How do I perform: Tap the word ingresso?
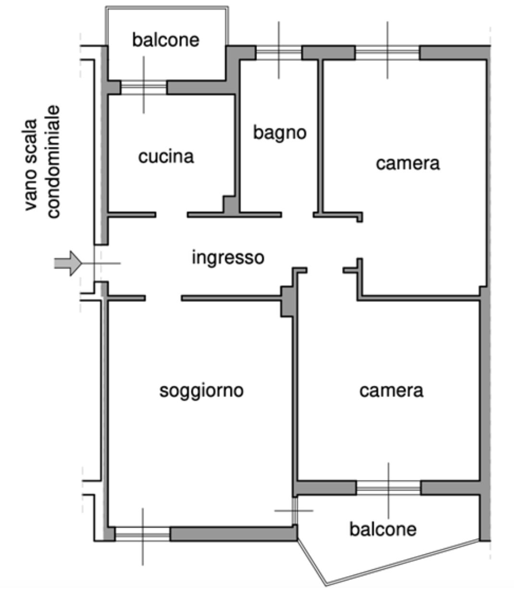point(228,258)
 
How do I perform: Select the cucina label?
point(166,157)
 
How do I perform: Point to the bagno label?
point(280,132)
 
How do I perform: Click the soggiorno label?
point(201,390)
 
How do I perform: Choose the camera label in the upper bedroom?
point(407,163)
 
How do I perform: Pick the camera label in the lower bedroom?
point(391,390)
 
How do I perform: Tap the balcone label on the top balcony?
point(166,39)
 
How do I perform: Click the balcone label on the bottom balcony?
point(382,529)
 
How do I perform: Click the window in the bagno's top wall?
point(279,52)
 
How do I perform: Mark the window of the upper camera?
point(388,52)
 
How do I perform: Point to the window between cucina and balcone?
point(143,88)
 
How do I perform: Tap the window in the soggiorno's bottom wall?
point(143,534)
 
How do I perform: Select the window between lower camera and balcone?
point(389,488)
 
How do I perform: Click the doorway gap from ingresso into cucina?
point(171,215)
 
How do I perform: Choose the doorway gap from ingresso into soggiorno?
point(163,298)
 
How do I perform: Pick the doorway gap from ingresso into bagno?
point(297,215)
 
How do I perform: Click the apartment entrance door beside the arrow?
point(97,263)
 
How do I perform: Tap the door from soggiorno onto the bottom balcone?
point(294,511)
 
